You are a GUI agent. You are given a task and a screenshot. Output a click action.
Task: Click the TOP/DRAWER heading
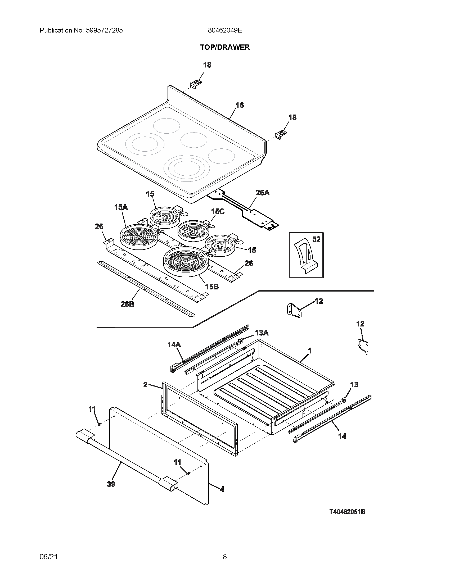(225, 47)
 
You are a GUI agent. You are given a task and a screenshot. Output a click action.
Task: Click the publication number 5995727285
(104, 30)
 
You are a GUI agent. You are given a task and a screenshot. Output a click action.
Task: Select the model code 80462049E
(225, 30)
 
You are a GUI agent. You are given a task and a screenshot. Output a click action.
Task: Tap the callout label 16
(240, 105)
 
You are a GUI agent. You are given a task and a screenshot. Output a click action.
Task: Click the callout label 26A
(262, 193)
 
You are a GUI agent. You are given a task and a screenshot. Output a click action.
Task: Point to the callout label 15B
(212, 287)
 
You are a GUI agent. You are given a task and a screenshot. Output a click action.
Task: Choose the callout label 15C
(218, 211)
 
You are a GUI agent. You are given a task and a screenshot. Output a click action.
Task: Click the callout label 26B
(127, 304)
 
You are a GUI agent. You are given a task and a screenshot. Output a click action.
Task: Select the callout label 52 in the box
(316, 239)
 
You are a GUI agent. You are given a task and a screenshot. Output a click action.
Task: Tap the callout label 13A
(262, 333)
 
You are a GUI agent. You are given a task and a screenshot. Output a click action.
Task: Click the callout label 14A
(174, 345)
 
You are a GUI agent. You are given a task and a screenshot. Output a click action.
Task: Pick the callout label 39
(111, 484)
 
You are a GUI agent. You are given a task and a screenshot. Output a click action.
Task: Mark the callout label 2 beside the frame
(145, 385)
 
